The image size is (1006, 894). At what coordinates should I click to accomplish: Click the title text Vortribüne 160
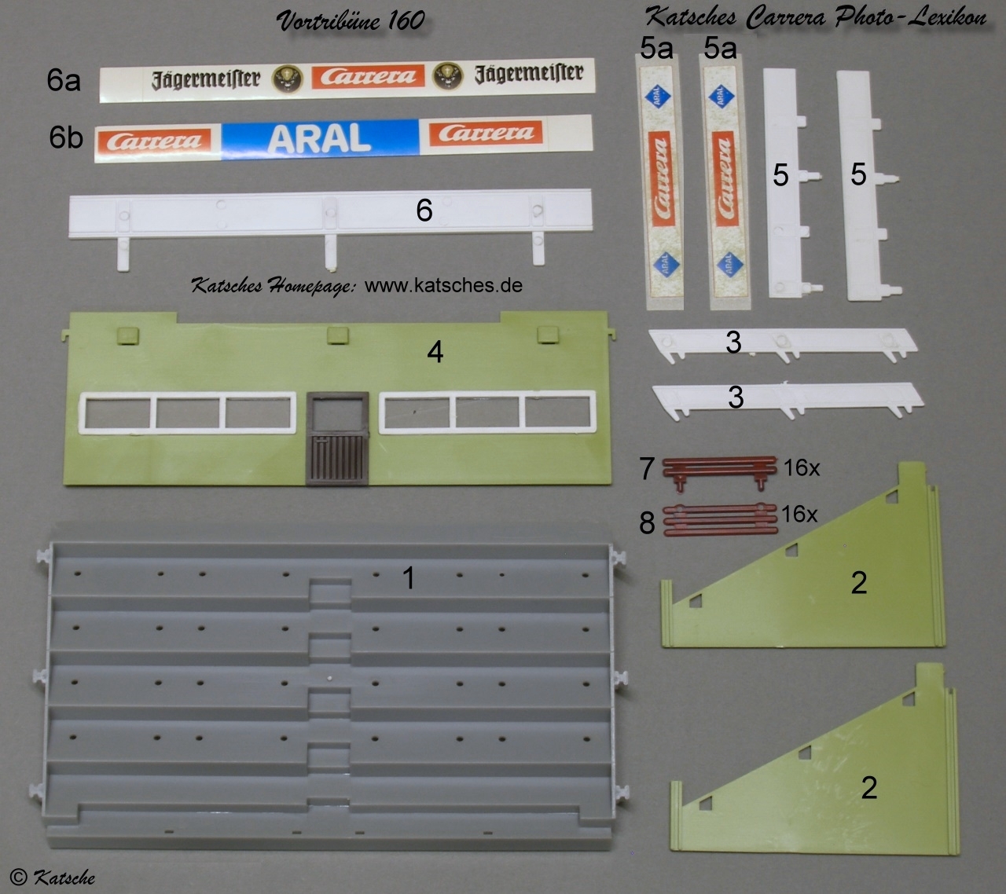[351, 21]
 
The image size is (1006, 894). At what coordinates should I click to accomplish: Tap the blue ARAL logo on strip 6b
[320, 137]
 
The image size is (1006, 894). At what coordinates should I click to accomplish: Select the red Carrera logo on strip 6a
[368, 76]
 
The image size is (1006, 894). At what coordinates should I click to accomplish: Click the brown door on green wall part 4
[338, 438]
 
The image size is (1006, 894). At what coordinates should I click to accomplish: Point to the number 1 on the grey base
[408, 577]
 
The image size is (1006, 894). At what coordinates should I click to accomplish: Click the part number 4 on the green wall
[435, 352]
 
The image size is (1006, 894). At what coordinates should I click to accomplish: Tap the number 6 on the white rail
[424, 210]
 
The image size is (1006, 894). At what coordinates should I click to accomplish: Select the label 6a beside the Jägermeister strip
[64, 80]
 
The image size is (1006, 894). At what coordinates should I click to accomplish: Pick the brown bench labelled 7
[719, 472]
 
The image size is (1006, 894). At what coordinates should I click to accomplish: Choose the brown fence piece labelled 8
[720, 519]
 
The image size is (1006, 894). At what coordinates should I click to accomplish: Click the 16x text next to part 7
[802, 467]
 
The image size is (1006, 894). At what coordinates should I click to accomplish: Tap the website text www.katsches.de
[443, 285]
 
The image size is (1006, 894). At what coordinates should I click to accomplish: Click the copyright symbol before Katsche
[18, 877]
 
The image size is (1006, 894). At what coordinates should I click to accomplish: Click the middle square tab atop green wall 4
[338, 335]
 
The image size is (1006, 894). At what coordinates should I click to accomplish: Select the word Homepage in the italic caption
[311, 287]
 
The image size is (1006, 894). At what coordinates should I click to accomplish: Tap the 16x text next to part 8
[799, 515]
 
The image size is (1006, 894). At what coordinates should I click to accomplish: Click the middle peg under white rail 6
[330, 252]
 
